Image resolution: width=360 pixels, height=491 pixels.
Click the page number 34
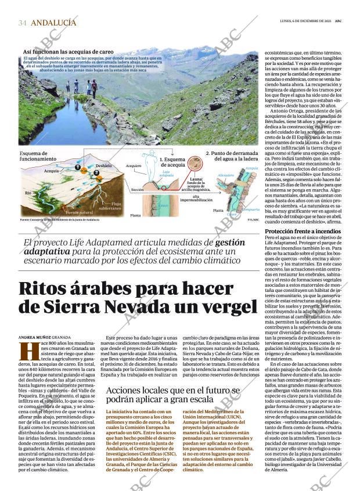[x=23, y=23]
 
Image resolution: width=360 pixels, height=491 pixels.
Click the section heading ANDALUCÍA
[x=53, y=23]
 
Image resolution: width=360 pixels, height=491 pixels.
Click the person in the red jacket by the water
[x=94, y=86]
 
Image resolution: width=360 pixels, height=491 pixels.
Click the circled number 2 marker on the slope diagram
[x=96, y=172]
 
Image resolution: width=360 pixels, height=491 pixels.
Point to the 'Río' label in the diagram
[x=27, y=192]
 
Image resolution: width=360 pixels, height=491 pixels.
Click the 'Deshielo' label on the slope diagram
[x=103, y=165]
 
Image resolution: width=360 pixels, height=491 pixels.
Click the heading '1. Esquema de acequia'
[x=172, y=162]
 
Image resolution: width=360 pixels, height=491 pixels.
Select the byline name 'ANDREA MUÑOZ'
[x=34, y=337]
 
